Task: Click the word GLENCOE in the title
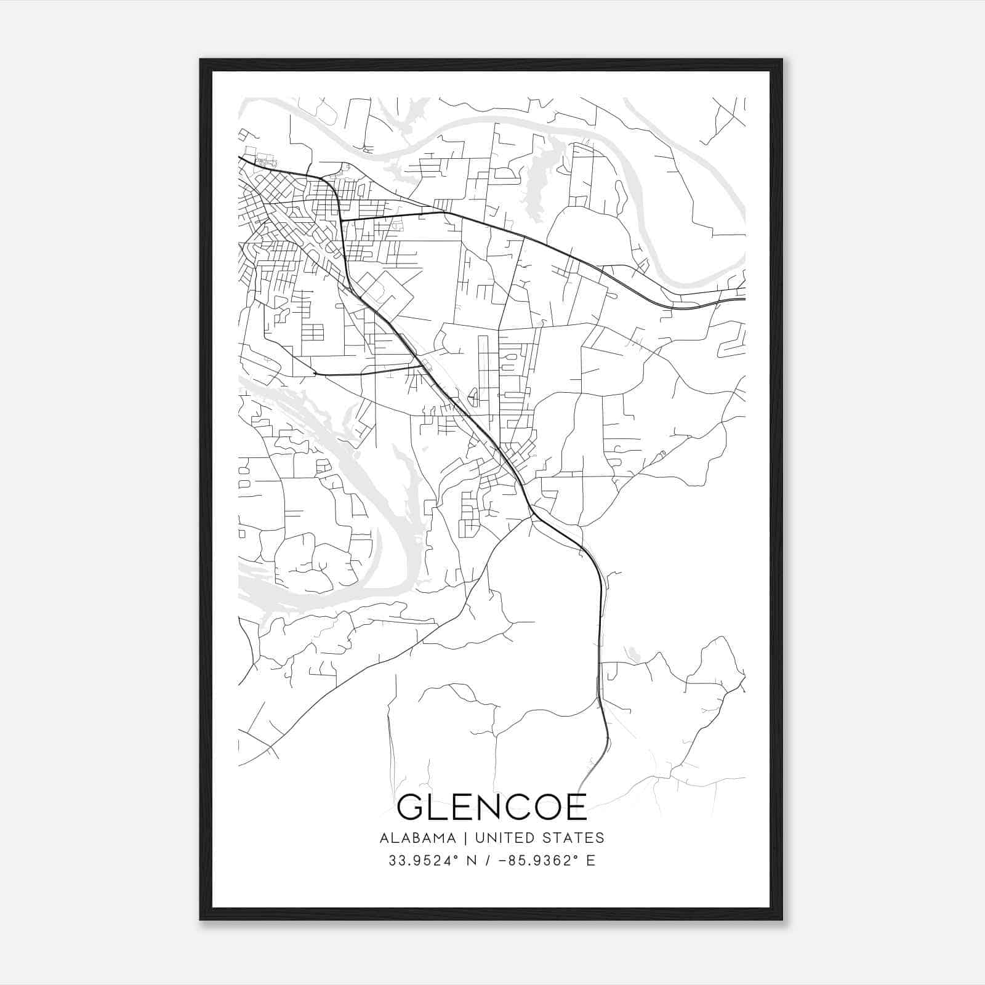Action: coord(492,807)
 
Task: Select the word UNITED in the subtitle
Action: coord(505,838)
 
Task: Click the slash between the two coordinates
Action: coord(488,860)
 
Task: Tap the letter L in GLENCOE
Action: coord(436,807)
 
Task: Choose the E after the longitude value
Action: coord(590,860)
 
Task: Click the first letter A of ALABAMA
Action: coord(384,838)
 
